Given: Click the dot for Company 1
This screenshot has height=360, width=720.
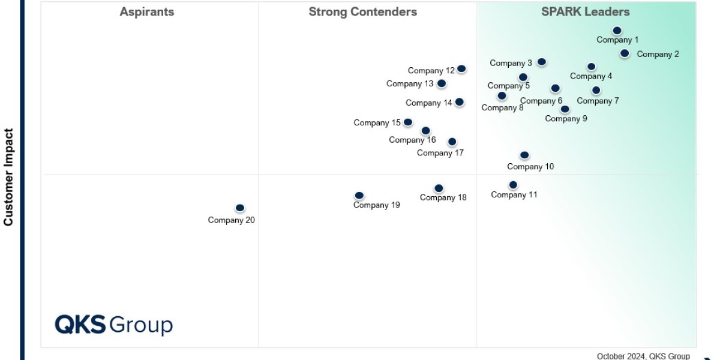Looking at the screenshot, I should point(617,31).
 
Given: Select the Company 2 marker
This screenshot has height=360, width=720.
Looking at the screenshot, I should point(625,53).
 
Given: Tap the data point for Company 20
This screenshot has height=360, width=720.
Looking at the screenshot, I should point(240,208).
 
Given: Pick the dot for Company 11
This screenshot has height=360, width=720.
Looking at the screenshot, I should point(513,185).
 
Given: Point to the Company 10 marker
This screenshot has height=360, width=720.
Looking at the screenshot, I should point(524,155).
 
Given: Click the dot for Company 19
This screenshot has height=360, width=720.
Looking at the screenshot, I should point(359,196).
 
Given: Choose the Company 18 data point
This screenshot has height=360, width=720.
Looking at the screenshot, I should point(439,188).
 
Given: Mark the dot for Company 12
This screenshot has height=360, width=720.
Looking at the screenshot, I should point(461,69).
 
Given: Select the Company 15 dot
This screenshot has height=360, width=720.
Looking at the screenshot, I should point(408,122).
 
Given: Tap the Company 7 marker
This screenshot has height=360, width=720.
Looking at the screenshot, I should point(596,91).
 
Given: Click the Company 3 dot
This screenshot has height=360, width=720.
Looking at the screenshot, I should point(542,62).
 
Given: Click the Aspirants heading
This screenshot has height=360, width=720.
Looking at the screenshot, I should point(147,12).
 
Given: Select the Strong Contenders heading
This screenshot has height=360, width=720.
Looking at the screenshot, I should point(362,12).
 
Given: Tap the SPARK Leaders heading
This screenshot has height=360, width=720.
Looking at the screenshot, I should point(585,12).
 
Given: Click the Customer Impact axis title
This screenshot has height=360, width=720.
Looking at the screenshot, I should point(8,177).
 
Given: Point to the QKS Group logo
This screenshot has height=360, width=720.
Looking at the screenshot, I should point(114,325).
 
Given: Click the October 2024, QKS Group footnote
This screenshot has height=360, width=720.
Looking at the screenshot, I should point(643,356).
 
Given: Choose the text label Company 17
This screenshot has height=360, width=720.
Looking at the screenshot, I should point(440,153).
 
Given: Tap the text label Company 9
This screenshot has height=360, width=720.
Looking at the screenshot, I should point(566,119).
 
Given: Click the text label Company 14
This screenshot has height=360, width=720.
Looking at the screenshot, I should point(429,103).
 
